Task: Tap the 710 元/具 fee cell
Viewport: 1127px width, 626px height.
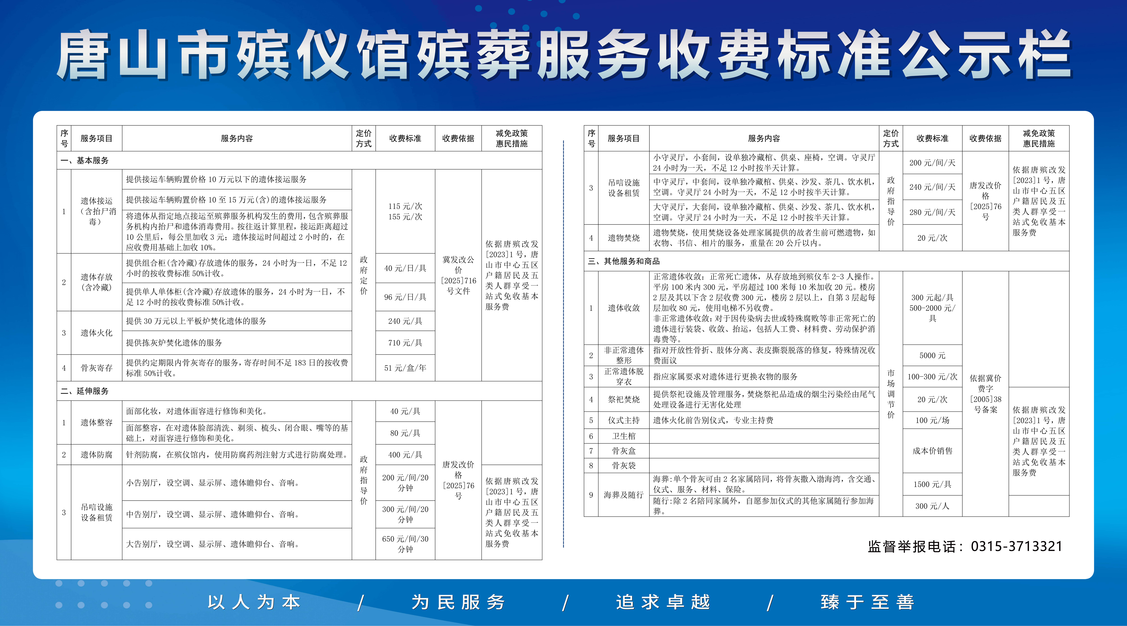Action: (x=405, y=343)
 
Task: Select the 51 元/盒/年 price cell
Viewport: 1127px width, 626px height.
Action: (x=405, y=368)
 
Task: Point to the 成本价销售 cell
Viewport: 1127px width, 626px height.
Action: (x=932, y=451)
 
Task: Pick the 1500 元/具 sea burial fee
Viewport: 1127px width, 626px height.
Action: (x=932, y=484)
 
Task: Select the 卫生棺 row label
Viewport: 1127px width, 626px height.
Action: (x=623, y=436)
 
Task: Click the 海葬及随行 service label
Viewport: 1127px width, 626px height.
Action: (x=623, y=495)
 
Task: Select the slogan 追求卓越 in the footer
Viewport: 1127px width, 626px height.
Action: (x=663, y=602)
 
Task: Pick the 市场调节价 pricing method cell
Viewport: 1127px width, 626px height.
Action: (x=891, y=394)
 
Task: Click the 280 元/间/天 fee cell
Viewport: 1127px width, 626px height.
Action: (x=932, y=212)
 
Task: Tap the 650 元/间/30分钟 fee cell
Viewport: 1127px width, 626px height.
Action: (x=405, y=544)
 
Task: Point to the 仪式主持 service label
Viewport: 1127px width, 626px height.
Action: (x=623, y=420)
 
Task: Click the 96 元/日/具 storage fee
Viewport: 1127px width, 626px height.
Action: (x=405, y=297)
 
